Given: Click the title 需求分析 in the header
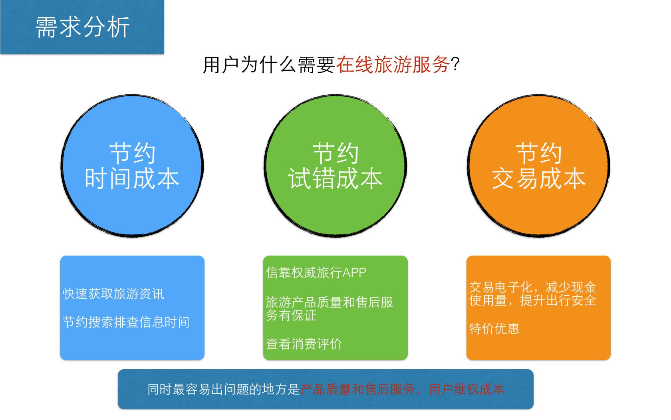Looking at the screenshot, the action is [x=83, y=28].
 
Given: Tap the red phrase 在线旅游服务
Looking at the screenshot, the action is [x=393, y=64].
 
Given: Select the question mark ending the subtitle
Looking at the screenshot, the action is [x=455, y=64].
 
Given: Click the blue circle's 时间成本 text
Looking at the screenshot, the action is [x=132, y=178].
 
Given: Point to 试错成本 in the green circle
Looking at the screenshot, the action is [x=335, y=178].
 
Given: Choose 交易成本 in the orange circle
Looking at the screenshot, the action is [x=539, y=178].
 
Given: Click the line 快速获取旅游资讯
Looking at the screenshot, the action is [x=113, y=294].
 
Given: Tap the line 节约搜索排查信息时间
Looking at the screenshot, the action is [x=126, y=322].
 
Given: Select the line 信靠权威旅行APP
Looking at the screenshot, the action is [x=316, y=273].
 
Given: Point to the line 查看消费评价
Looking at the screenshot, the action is [x=304, y=344].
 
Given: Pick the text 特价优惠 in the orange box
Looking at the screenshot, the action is [x=494, y=329].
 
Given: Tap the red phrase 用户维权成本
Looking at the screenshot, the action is [x=466, y=389].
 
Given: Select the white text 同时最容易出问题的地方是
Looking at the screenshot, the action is [x=224, y=389].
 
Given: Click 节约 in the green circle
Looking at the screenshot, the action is [x=335, y=154].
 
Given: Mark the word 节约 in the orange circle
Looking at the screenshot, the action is [x=539, y=154].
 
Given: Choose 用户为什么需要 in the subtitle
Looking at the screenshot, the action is [x=269, y=64].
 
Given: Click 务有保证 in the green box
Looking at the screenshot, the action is [x=291, y=316].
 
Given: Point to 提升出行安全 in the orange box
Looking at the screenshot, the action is [x=558, y=300].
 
